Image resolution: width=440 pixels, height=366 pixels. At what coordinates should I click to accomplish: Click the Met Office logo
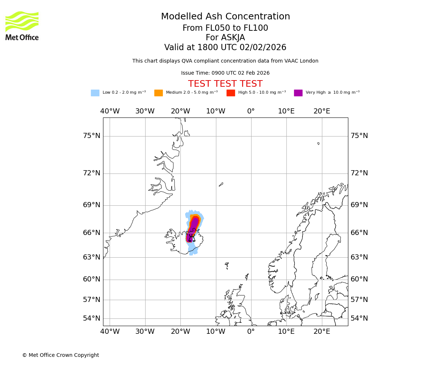click(22, 26)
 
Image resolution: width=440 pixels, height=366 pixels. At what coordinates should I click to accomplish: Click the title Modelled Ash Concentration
click(225, 17)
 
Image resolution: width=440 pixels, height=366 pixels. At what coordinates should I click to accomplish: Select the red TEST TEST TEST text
click(225, 84)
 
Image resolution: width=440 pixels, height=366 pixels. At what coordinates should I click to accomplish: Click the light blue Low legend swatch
click(95, 93)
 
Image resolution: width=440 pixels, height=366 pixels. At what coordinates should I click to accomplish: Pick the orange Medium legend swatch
click(158, 93)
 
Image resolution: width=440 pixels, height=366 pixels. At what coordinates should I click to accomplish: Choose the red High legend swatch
click(231, 93)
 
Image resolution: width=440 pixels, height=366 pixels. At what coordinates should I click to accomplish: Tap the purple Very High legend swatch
click(298, 93)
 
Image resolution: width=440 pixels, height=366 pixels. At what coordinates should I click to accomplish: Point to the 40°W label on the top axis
click(110, 111)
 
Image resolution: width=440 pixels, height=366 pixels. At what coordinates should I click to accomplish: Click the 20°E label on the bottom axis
click(322, 332)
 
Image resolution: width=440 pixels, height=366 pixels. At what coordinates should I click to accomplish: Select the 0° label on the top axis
click(251, 111)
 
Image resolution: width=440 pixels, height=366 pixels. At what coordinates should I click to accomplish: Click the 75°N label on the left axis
click(91, 136)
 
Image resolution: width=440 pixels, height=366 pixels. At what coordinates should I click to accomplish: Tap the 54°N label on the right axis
click(359, 318)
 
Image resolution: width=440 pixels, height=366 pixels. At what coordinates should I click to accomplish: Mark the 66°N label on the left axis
click(91, 233)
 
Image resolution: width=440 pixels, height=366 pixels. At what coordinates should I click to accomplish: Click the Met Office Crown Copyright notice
click(60, 355)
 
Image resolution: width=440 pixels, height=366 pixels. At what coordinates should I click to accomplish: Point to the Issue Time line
click(225, 73)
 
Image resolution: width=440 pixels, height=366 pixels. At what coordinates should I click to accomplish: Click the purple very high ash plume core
click(192, 229)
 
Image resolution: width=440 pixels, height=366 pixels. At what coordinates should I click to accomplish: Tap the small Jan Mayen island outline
click(221, 184)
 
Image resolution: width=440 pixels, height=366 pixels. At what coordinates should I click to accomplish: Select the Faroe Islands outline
click(227, 265)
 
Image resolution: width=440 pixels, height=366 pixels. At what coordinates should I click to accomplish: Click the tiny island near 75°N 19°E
click(318, 143)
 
